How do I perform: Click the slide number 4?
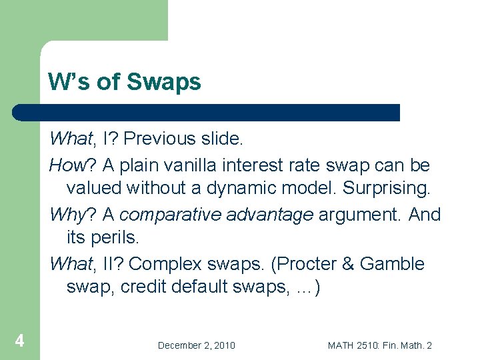pyautogui.click(x=20, y=341)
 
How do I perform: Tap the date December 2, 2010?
pyautogui.click(x=196, y=345)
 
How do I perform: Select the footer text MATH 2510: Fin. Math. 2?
pyautogui.click(x=380, y=345)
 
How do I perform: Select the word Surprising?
pyautogui.click(x=387, y=189)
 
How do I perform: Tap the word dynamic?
pyautogui.click(x=239, y=189)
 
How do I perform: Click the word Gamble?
pyautogui.click(x=392, y=264)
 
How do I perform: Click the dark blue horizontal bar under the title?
pyautogui.click(x=207, y=113)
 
